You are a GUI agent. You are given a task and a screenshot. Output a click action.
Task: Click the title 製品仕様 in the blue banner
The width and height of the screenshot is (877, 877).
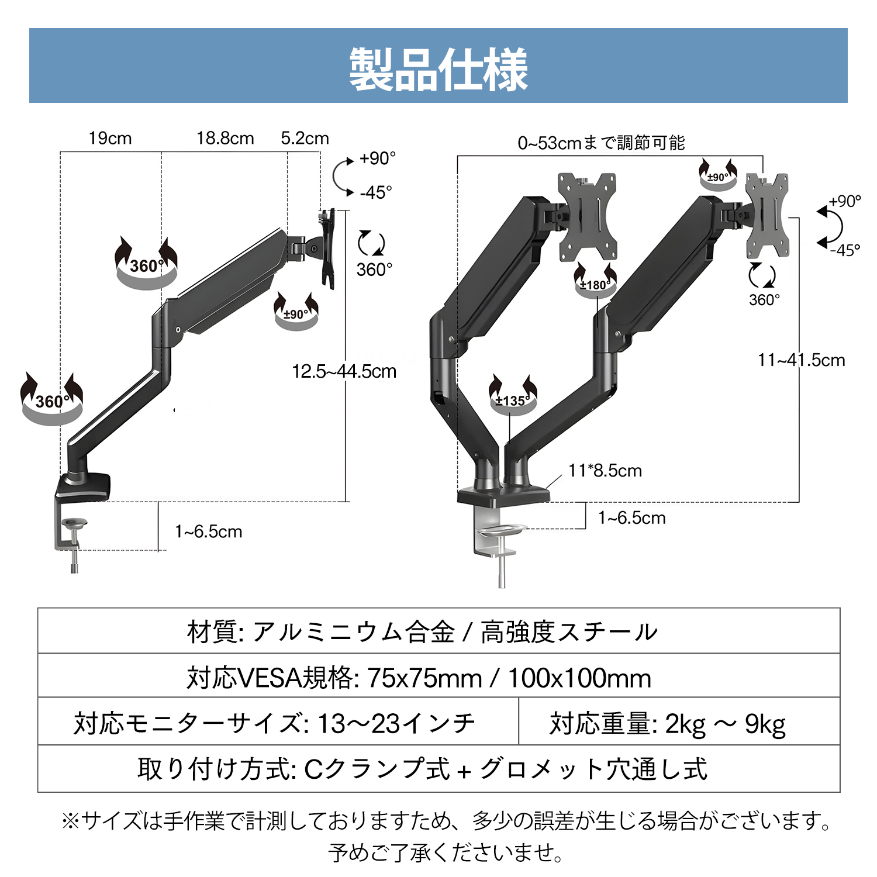tap(438, 70)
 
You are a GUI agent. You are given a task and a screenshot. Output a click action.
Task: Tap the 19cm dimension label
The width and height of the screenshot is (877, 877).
tap(110, 139)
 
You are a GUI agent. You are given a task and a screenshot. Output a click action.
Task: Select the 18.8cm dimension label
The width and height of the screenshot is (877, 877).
tap(225, 139)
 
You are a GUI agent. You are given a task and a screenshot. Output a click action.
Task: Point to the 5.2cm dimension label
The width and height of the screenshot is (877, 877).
tap(305, 139)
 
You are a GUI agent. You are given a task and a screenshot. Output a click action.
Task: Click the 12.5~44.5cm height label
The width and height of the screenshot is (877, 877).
tap(344, 371)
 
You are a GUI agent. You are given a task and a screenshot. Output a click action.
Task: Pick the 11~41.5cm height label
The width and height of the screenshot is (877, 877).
tap(801, 360)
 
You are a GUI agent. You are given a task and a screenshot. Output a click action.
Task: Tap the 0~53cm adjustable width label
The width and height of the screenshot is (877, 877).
tap(601, 143)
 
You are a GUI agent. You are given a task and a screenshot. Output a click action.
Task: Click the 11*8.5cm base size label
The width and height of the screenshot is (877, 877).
tap(605, 471)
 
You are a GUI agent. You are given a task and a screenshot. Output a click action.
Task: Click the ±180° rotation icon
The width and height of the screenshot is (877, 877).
tap(595, 281)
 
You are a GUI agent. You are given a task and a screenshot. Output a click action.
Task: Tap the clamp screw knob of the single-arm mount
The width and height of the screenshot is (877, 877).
tap(74, 525)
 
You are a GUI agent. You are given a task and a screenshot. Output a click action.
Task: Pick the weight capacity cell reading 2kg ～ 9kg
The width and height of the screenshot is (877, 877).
tap(667, 724)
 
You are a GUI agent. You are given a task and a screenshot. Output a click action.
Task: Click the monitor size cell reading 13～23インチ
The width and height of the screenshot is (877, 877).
tap(275, 724)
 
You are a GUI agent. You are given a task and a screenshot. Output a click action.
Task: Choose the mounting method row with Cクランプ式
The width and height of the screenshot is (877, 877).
tap(422, 769)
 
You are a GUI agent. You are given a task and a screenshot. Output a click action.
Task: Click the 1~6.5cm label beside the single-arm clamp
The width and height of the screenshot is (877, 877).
tap(208, 532)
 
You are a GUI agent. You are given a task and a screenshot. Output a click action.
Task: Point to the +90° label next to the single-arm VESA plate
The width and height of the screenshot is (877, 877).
tap(378, 158)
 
